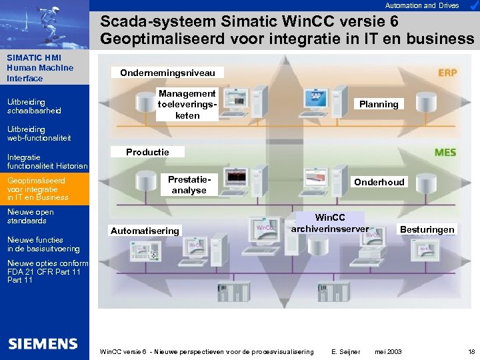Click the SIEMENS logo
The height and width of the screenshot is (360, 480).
point(43,344)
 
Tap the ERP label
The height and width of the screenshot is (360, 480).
point(447,72)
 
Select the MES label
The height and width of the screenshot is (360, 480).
point(445,153)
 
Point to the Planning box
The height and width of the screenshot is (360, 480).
point(379,104)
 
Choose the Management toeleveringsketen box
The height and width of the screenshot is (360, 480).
point(187,105)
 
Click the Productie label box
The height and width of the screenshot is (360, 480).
point(148,152)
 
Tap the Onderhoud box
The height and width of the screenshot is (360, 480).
point(379,182)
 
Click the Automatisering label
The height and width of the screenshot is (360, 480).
point(145,231)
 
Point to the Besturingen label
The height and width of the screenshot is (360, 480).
point(427,229)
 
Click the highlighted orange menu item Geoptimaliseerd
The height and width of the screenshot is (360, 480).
point(44,189)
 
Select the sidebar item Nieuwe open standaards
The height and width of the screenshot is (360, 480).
point(31,217)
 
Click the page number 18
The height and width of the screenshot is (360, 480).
point(471,351)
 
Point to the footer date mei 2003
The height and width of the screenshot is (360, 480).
point(389,351)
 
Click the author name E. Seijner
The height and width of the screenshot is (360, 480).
point(346,351)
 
